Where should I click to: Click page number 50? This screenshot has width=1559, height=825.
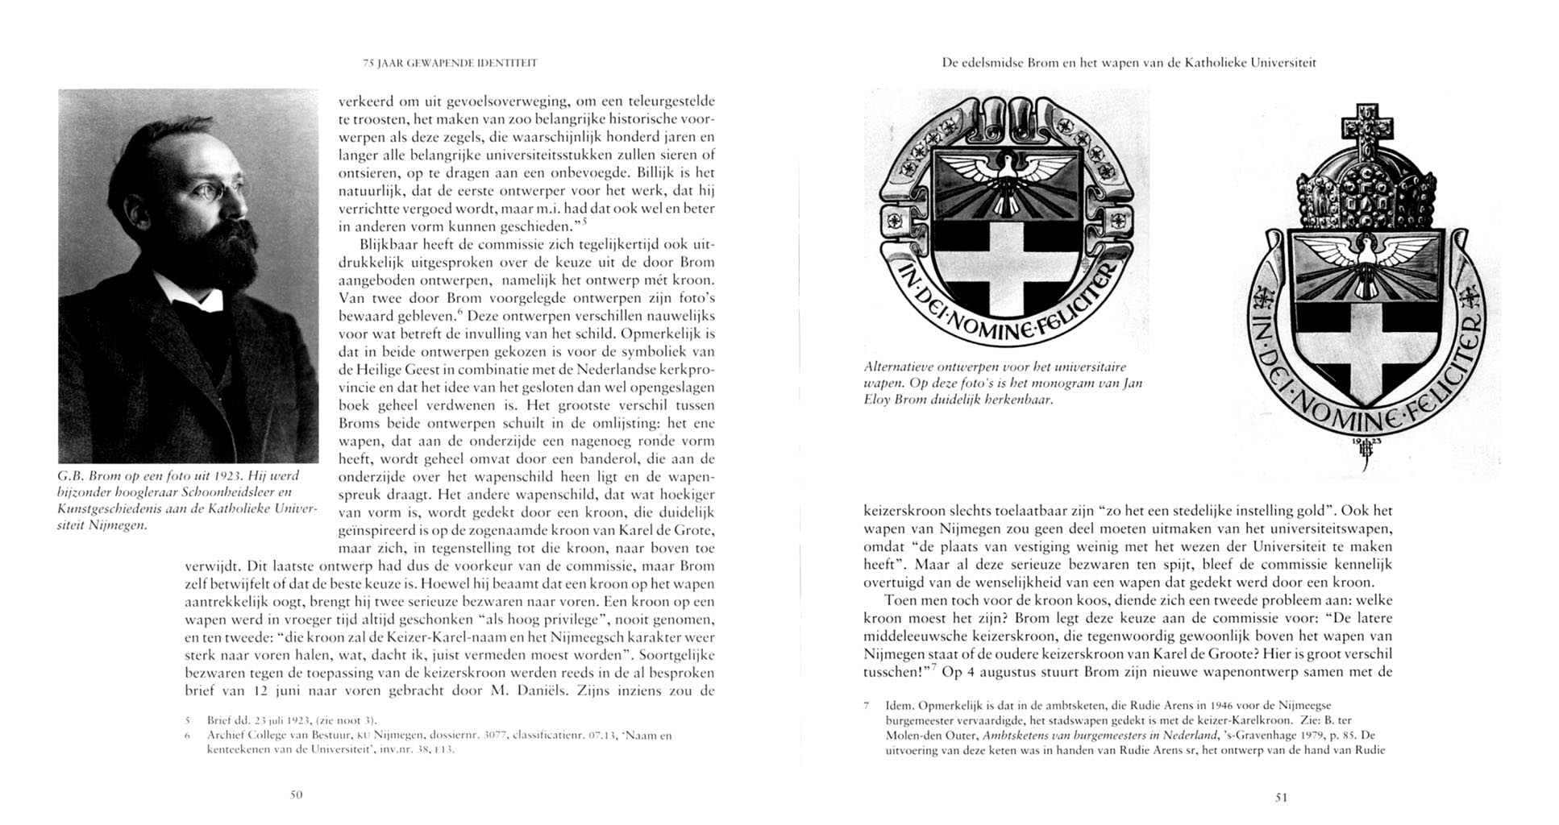[296, 794]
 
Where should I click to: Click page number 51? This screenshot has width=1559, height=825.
[1281, 798]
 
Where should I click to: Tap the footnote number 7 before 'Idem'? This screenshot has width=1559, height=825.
[866, 706]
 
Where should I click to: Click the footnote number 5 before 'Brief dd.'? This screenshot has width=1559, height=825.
[187, 720]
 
